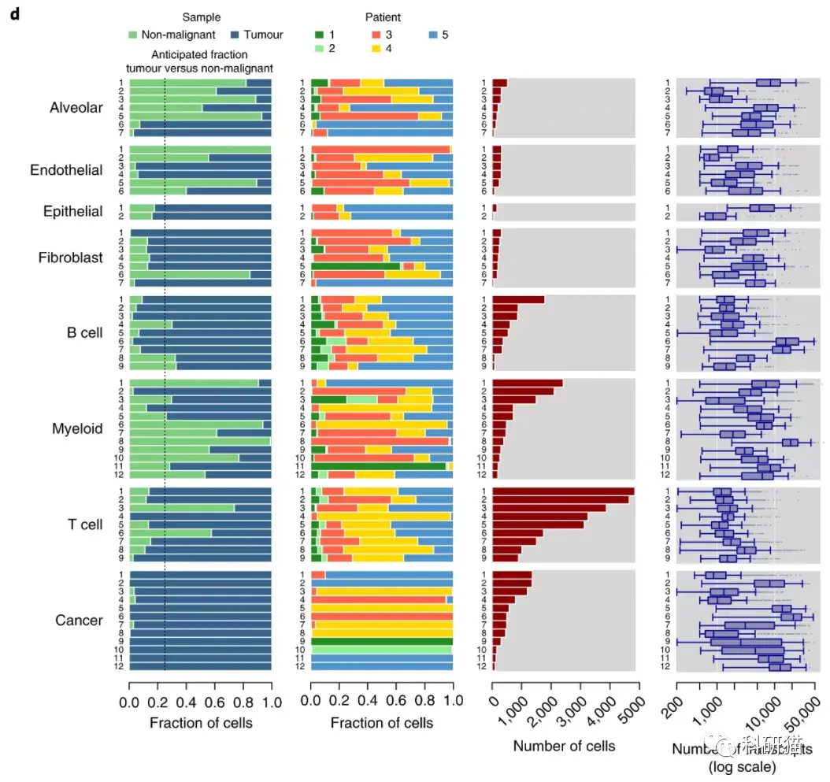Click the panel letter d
coord(14,17)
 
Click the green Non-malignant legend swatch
coord(133,35)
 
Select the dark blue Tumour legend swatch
coord(235,35)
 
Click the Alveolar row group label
coord(76,108)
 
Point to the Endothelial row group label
coord(66,170)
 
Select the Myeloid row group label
coord(77,429)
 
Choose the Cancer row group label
coord(79,621)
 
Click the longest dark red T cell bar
coord(563,491)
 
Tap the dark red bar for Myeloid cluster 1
coord(527,384)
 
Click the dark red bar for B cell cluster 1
coord(518,300)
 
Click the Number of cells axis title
coord(564,746)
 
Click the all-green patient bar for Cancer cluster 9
coord(382,641)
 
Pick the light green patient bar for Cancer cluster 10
coord(382,650)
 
